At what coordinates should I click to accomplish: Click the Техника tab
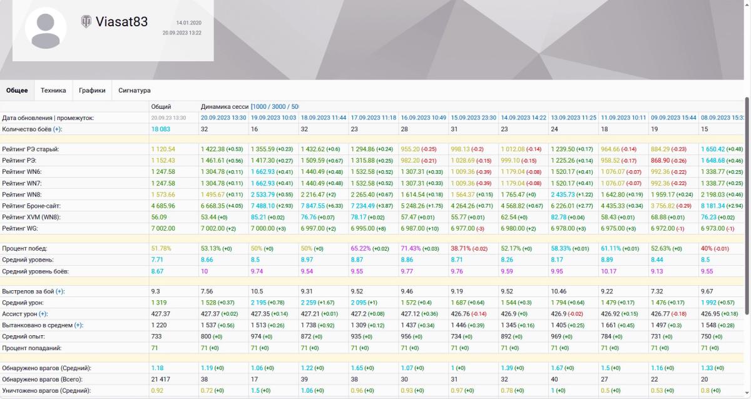pyautogui.click(x=53, y=91)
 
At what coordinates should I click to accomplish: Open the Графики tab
pyautogui.click(x=92, y=91)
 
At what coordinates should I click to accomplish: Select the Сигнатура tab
pyautogui.click(x=135, y=91)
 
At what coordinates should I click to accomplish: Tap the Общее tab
pyautogui.click(x=17, y=91)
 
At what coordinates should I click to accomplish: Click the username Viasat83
pyautogui.click(x=121, y=22)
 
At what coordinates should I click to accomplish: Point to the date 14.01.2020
pyautogui.click(x=189, y=23)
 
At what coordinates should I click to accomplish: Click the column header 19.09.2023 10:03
pyautogui.click(x=273, y=118)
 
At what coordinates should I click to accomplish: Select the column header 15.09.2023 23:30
pyautogui.click(x=473, y=118)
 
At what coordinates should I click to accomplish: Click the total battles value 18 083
pyautogui.click(x=161, y=129)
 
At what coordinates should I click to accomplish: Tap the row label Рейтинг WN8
pyautogui.click(x=22, y=194)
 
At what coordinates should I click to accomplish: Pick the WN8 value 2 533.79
pyautogui.click(x=263, y=194)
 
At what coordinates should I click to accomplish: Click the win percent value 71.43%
pyautogui.click(x=411, y=248)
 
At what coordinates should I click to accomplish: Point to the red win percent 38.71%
pyautogui.click(x=461, y=248)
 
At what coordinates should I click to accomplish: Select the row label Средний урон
pyautogui.click(x=23, y=303)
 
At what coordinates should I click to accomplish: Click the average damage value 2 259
pyautogui.click(x=309, y=303)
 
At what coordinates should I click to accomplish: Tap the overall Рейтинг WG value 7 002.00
pyautogui.click(x=163, y=228)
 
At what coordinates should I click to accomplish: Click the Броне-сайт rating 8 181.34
pyautogui.click(x=713, y=206)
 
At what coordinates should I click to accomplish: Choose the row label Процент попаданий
pyautogui.click(x=31, y=348)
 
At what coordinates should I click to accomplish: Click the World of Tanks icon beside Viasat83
pyautogui.click(x=86, y=22)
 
